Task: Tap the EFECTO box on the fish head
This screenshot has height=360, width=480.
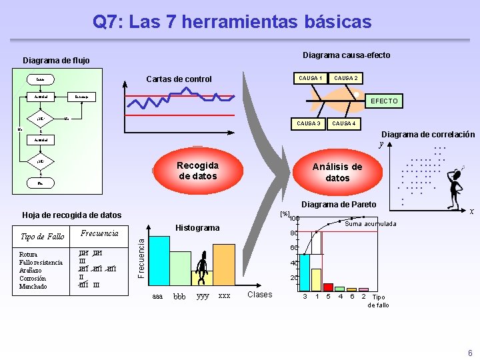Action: click(384, 101)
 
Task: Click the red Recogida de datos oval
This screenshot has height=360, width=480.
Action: click(197, 171)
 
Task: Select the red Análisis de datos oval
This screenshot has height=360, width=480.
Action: click(337, 172)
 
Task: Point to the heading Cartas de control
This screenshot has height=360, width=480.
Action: click(179, 79)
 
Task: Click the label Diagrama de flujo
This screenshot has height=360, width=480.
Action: click(56, 60)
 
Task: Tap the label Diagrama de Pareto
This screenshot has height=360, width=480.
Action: click(339, 205)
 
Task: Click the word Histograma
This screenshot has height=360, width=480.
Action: click(197, 228)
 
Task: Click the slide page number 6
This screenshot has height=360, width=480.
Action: click(469, 353)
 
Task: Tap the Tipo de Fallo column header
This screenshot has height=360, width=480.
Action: click(43, 237)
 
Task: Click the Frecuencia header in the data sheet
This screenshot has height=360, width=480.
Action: click(99, 234)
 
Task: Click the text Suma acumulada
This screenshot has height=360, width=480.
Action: click(371, 224)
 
